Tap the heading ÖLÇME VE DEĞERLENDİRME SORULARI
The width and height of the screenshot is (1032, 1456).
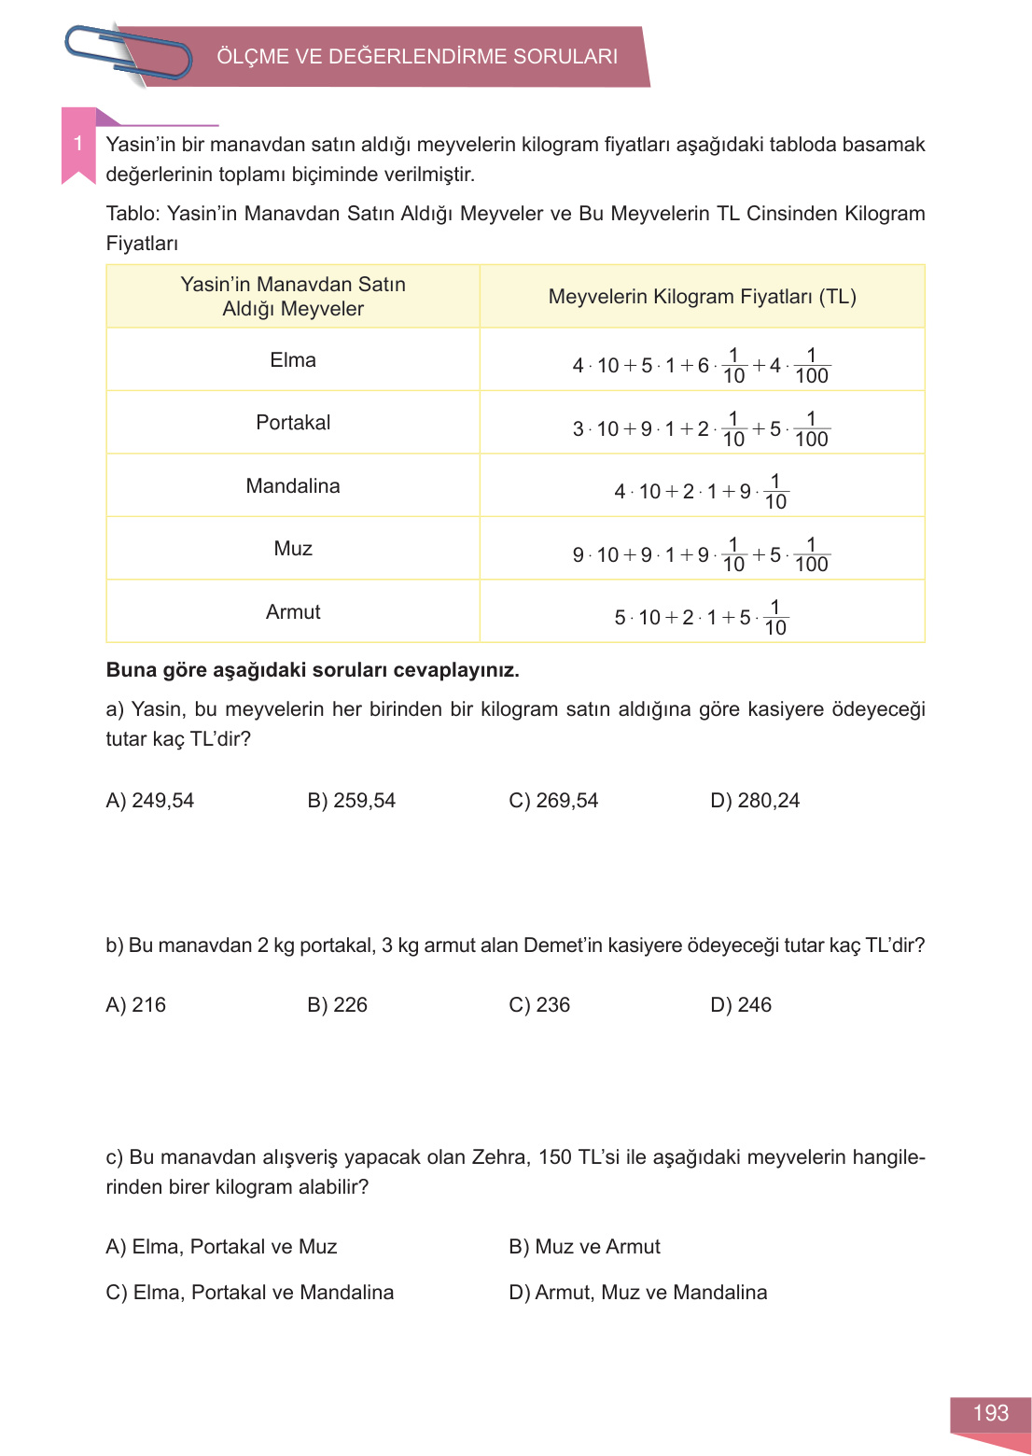click(x=417, y=56)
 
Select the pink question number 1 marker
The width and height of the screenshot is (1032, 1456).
click(x=78, y=144)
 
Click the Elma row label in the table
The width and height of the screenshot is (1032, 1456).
click(x=293, y=360)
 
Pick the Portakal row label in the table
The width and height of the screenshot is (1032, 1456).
click(x=293, y=423)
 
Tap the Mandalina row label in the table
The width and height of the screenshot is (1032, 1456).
click(x=293, y=486)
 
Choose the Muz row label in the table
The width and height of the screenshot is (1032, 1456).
click(x=293, y=549)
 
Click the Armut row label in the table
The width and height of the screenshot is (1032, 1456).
click(x=293, y=612)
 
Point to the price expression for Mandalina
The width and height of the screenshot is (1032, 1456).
click(x=701, y=491)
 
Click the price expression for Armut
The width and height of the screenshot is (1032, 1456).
click(x=701, y=617)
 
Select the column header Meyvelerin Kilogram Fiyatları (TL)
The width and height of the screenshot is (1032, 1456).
click(x=702, y=297)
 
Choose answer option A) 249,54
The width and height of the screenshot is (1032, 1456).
click(x=150, y=801)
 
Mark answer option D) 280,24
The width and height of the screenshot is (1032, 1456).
click(x=755, y=801)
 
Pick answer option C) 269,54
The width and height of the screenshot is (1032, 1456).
click(x=553, y=801)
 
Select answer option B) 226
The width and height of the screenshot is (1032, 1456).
click(x=337, y=1005)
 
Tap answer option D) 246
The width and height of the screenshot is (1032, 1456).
click(x=741, y=1005)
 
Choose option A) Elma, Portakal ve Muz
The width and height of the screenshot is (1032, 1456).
click(x=221, y=1247)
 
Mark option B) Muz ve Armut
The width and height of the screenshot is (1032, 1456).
click(x=584, y=1247)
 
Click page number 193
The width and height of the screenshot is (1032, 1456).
click(x=991, y=1413)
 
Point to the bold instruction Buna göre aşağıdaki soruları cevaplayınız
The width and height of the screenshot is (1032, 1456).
click(x=313, y=670)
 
